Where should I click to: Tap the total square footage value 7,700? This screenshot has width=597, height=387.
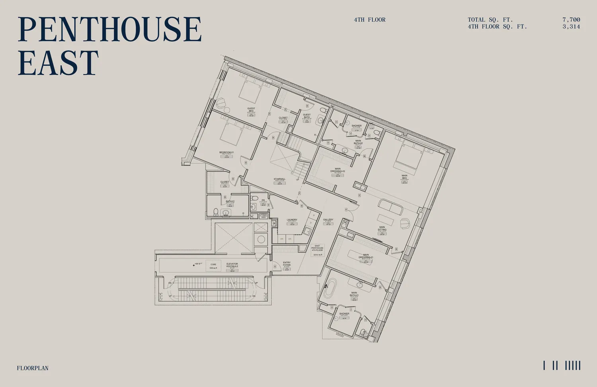tap(571, 20)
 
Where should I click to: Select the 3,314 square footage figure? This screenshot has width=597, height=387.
tap(571, 27)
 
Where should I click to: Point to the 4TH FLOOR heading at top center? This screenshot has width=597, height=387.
tap(370, 20)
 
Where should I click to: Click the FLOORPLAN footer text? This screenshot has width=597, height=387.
tap(33, 368)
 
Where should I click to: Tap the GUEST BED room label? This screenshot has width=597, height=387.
tap(251, 110)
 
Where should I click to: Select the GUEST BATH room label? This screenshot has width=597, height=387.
tap(306, 116)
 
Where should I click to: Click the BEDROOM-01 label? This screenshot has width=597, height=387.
tap(226, 153)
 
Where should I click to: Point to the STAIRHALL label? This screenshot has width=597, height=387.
tap(279, 179)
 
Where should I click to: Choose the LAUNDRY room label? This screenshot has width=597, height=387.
tap(292, 220)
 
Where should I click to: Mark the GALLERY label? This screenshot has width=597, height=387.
tap(328, 220)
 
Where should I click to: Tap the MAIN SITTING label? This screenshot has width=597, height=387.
tap(382, 228)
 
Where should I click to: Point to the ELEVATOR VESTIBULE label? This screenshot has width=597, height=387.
tap(232, 265)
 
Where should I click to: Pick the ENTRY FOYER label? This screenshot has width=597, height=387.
tap(287, 264)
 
